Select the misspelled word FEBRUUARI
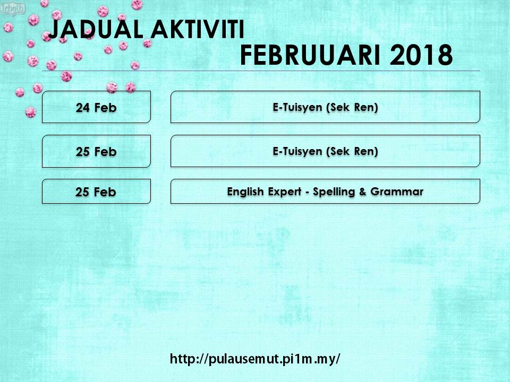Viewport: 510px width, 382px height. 310,56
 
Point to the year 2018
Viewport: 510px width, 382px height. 421,56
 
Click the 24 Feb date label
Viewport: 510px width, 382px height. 96,108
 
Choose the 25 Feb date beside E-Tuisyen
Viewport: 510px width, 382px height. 96,152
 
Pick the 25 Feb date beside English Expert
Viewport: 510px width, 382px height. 96,192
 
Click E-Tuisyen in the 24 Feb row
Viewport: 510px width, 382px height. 297,108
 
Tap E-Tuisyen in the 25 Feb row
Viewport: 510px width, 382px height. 297,151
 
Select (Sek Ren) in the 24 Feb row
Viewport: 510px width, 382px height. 352,108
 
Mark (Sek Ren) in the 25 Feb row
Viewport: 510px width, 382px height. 352,151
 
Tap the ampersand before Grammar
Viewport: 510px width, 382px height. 363,192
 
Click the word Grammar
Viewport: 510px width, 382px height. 397,192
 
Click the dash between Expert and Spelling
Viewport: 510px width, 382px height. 307,193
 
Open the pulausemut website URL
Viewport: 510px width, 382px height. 255,359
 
